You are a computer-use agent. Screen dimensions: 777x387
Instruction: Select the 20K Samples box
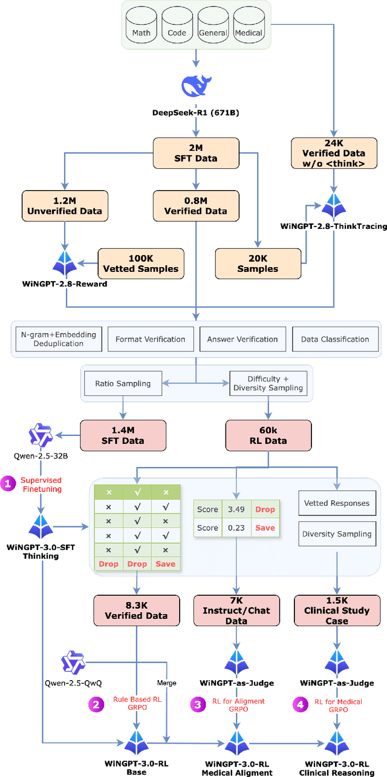coord(258,263)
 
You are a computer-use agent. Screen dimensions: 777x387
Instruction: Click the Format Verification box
coord(151,339)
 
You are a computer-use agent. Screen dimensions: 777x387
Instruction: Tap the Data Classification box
coord(335,339)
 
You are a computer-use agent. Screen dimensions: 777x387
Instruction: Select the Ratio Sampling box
coord(123,383)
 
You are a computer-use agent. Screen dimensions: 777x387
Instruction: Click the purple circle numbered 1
coord(8,483)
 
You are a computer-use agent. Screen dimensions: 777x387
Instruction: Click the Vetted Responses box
coord(336,503)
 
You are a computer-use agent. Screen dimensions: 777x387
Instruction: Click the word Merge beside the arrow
coord(167,683)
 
